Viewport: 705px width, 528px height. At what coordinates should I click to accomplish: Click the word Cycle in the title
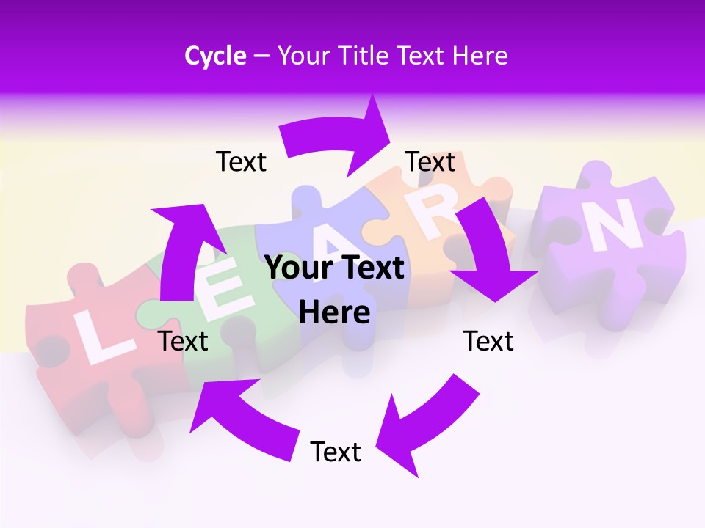point(215,56)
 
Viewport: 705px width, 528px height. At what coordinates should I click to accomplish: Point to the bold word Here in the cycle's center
point(334,312)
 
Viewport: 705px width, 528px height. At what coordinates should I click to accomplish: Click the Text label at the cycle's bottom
point(336,452)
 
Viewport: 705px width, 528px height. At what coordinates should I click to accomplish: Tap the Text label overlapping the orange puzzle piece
point(430,161)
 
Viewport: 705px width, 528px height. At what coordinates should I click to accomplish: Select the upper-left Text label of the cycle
point(241,161)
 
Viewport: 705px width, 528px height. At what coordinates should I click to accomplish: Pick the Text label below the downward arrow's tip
point(488,341)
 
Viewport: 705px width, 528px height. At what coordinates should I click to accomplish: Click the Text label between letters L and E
point(183,341)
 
